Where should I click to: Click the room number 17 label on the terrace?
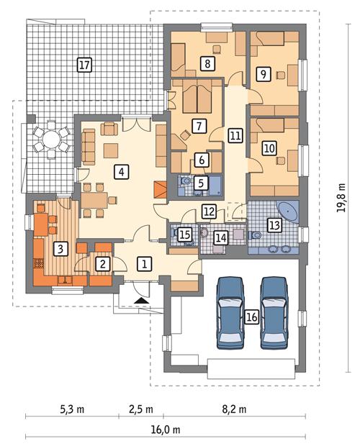[x=84, y=65]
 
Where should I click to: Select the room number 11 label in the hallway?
[x=235, y=135]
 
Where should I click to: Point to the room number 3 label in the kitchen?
[x=63, y=249]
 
